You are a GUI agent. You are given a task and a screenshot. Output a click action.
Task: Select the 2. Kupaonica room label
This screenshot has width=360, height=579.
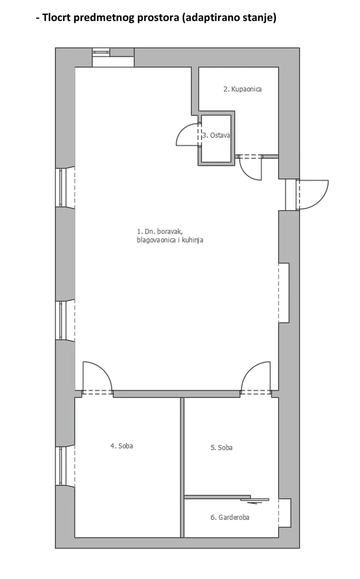(x=243, y=89)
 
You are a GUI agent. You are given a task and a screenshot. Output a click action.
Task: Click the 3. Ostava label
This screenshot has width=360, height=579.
(x=216, y=136)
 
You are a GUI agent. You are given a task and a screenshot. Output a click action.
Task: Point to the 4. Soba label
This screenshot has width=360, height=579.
(x=121, y=446)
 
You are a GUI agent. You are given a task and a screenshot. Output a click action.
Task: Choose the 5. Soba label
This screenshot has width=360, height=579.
(x=221, y=447)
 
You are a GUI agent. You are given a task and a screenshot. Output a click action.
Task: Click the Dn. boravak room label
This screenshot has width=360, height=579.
(x=170, y=236)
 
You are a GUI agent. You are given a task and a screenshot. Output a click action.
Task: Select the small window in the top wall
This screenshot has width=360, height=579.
(x=101, y=52)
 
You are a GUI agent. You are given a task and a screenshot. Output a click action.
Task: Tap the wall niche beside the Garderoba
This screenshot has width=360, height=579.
(x=285, y=513)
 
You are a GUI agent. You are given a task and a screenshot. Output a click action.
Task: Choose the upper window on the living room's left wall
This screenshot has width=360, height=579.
(x=65, y=188)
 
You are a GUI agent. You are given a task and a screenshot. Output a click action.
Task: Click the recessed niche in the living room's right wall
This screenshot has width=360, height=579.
(x=284, y=293)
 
